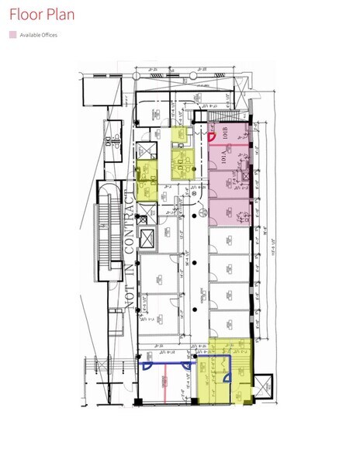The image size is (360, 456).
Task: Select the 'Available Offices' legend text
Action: (x=39, y=35)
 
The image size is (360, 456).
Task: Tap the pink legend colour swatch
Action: (x=12, y=35)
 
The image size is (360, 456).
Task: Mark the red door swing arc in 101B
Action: (x=213, y=137)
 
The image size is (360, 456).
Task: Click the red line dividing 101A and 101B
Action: (x=230, y=146)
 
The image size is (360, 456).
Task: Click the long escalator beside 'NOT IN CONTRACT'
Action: (x=106, y=233)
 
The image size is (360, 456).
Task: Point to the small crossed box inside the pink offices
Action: (x=246, y=178)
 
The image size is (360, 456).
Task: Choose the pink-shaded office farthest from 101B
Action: (x=230, y=211)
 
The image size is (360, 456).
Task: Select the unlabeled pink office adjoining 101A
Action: (x=230, y=185)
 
